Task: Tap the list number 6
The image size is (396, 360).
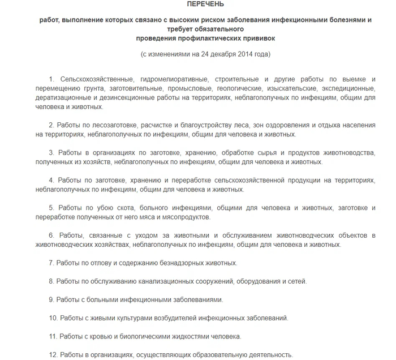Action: point(51,235)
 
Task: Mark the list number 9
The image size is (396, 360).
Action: point(51,299)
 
